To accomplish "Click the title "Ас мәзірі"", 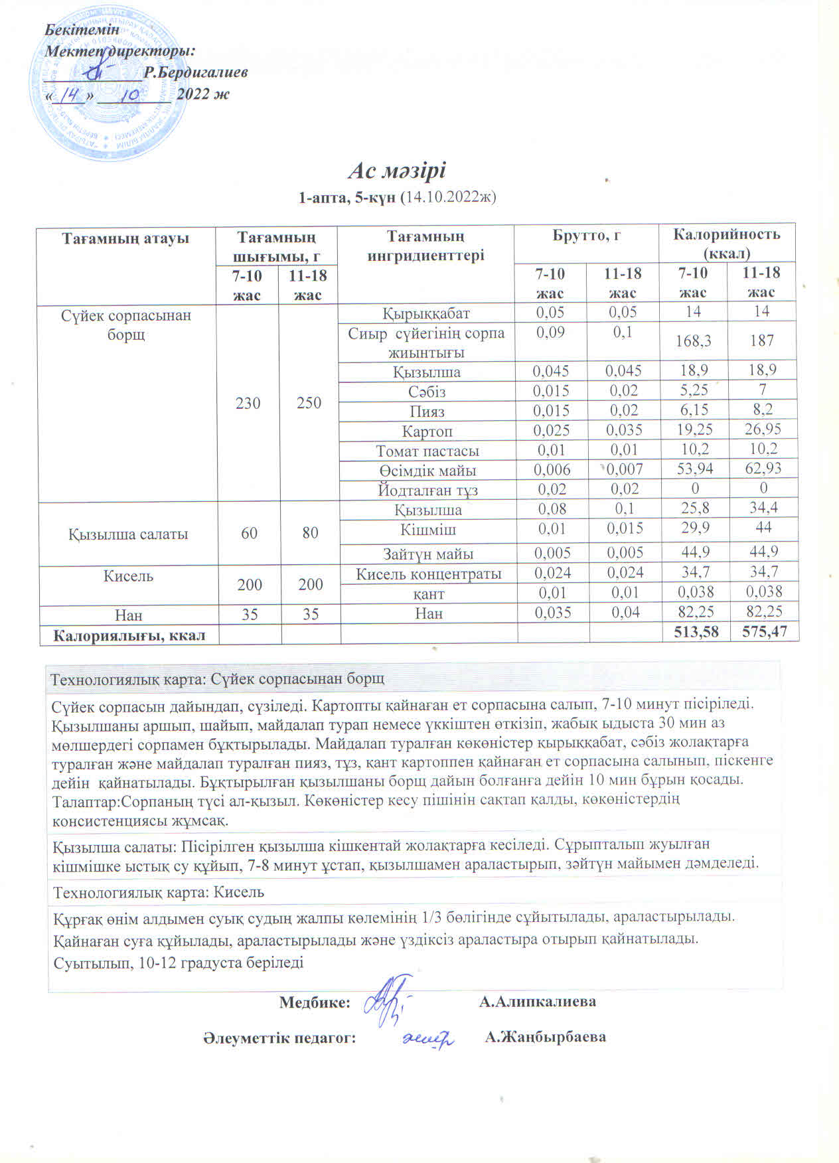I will (397, 171).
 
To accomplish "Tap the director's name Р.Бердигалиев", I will (196, 72).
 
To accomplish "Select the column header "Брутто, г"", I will (586, 234).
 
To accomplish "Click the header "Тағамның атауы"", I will (126, 238).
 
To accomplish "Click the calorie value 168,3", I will (693, 341).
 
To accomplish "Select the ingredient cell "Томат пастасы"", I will (427, 451).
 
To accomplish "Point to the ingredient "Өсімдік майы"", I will (427, 471).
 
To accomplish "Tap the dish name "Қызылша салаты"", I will (127, 534).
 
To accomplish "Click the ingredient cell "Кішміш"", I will (428, 529).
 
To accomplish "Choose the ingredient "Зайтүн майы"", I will (427, 553).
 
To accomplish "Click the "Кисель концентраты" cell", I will (428, 574).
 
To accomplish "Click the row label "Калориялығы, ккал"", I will (129, 635).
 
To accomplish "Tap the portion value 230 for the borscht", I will (248, 403).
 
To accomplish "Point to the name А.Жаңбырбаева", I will (545, 1037).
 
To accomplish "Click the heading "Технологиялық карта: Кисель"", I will (158, 892).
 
